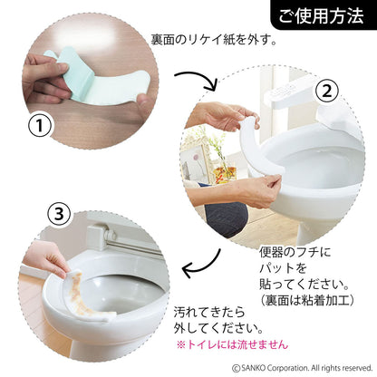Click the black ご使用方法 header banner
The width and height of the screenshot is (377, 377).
321,15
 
